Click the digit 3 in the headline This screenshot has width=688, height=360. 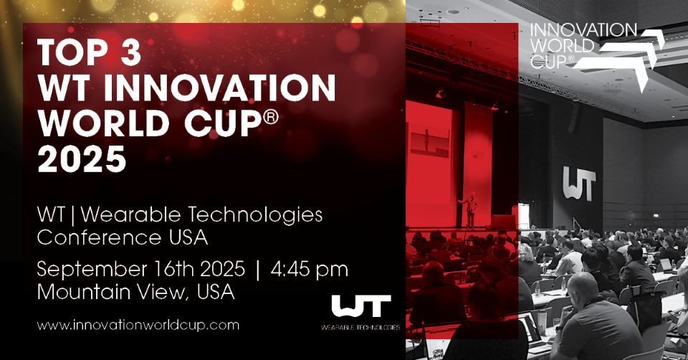coord(130,52)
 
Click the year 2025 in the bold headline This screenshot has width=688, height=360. coord(82,158)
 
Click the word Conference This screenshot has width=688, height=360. coord(99,237)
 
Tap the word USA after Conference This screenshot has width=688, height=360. coord(188,237)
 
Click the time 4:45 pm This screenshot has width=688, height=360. coord(309,270)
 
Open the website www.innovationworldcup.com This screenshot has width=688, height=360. coord(138,326)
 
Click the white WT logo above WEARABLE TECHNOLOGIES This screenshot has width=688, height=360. coord(360,306)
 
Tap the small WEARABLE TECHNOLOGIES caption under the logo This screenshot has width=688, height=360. coord(360,327)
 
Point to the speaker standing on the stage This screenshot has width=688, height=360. coord(470,210)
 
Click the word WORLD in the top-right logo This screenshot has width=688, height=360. coord(562,46)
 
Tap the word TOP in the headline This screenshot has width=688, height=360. coord(73,52)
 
